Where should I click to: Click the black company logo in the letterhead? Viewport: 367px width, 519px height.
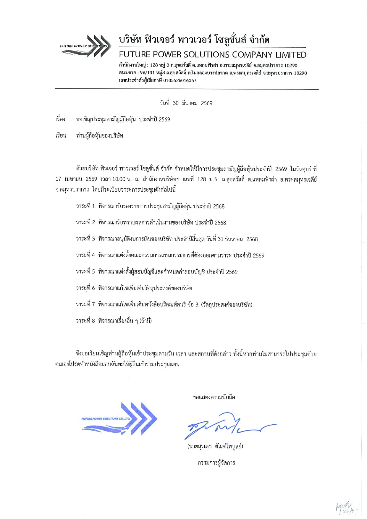pyautogui.click(x=85, y=46)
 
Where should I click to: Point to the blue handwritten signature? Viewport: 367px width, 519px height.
pyautogui.click(x=225, y=426)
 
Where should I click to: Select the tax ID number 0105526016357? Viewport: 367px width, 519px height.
pyautogui.click(x=180, y=80)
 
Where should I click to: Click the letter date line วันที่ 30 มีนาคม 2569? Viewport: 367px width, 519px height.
pyautogui.click(x=186, y=103)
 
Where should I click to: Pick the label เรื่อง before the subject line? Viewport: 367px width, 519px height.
pyautogui.click(x=60, y=119)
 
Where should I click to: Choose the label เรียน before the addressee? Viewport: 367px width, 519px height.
pyautogui.click(x=61, y=136)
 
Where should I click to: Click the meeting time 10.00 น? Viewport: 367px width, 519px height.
pyautogui.click(x=122, y=179)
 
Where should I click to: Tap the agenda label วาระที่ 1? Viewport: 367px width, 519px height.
pyautogui.click(x=85, y=206)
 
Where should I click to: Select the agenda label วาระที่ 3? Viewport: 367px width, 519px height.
pyautogui.click(x=85, y=239)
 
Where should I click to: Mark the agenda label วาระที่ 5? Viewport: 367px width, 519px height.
pyautogui.click(x=85, y=272)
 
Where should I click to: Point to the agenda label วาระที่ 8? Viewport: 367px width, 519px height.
pyautogui.click(x=85, y=321)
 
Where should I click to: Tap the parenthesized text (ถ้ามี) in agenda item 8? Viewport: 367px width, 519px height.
pyautogui.click(x=145, y=321)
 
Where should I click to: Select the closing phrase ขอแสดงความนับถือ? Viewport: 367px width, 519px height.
pyautogui.click(x=214, y=397)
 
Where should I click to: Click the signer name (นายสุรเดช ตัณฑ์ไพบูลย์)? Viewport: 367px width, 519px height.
pyautogui.click(x=215, y=446)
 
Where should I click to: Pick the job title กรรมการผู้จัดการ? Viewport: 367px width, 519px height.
pyautogui.click(x=216, y=463)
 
